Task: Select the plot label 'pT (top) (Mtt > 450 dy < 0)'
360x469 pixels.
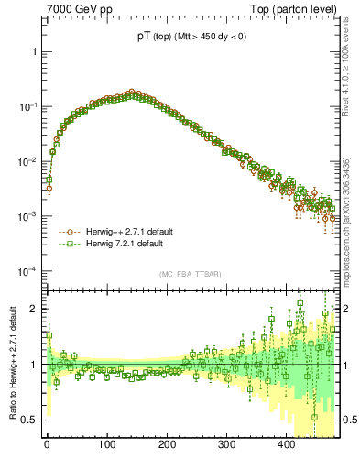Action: (191, 36)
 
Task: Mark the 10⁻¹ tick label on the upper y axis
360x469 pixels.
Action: (29, 106)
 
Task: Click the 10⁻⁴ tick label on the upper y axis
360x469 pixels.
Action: (29, 271)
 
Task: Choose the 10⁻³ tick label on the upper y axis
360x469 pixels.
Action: (29, 216)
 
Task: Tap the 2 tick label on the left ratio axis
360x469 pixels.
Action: (36, 309)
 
